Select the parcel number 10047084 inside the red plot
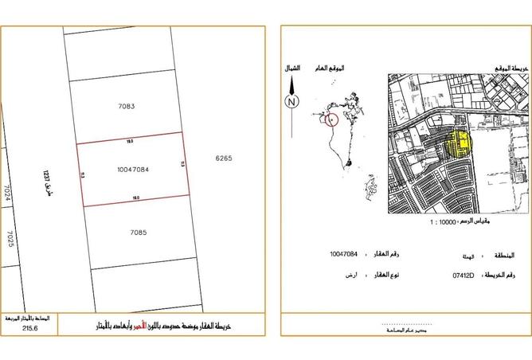[133, 170]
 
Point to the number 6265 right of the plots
[223, 158]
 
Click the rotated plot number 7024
[7, 198]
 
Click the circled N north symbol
[292, 101]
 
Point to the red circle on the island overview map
[332, 119]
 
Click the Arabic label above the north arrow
[292, 68]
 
